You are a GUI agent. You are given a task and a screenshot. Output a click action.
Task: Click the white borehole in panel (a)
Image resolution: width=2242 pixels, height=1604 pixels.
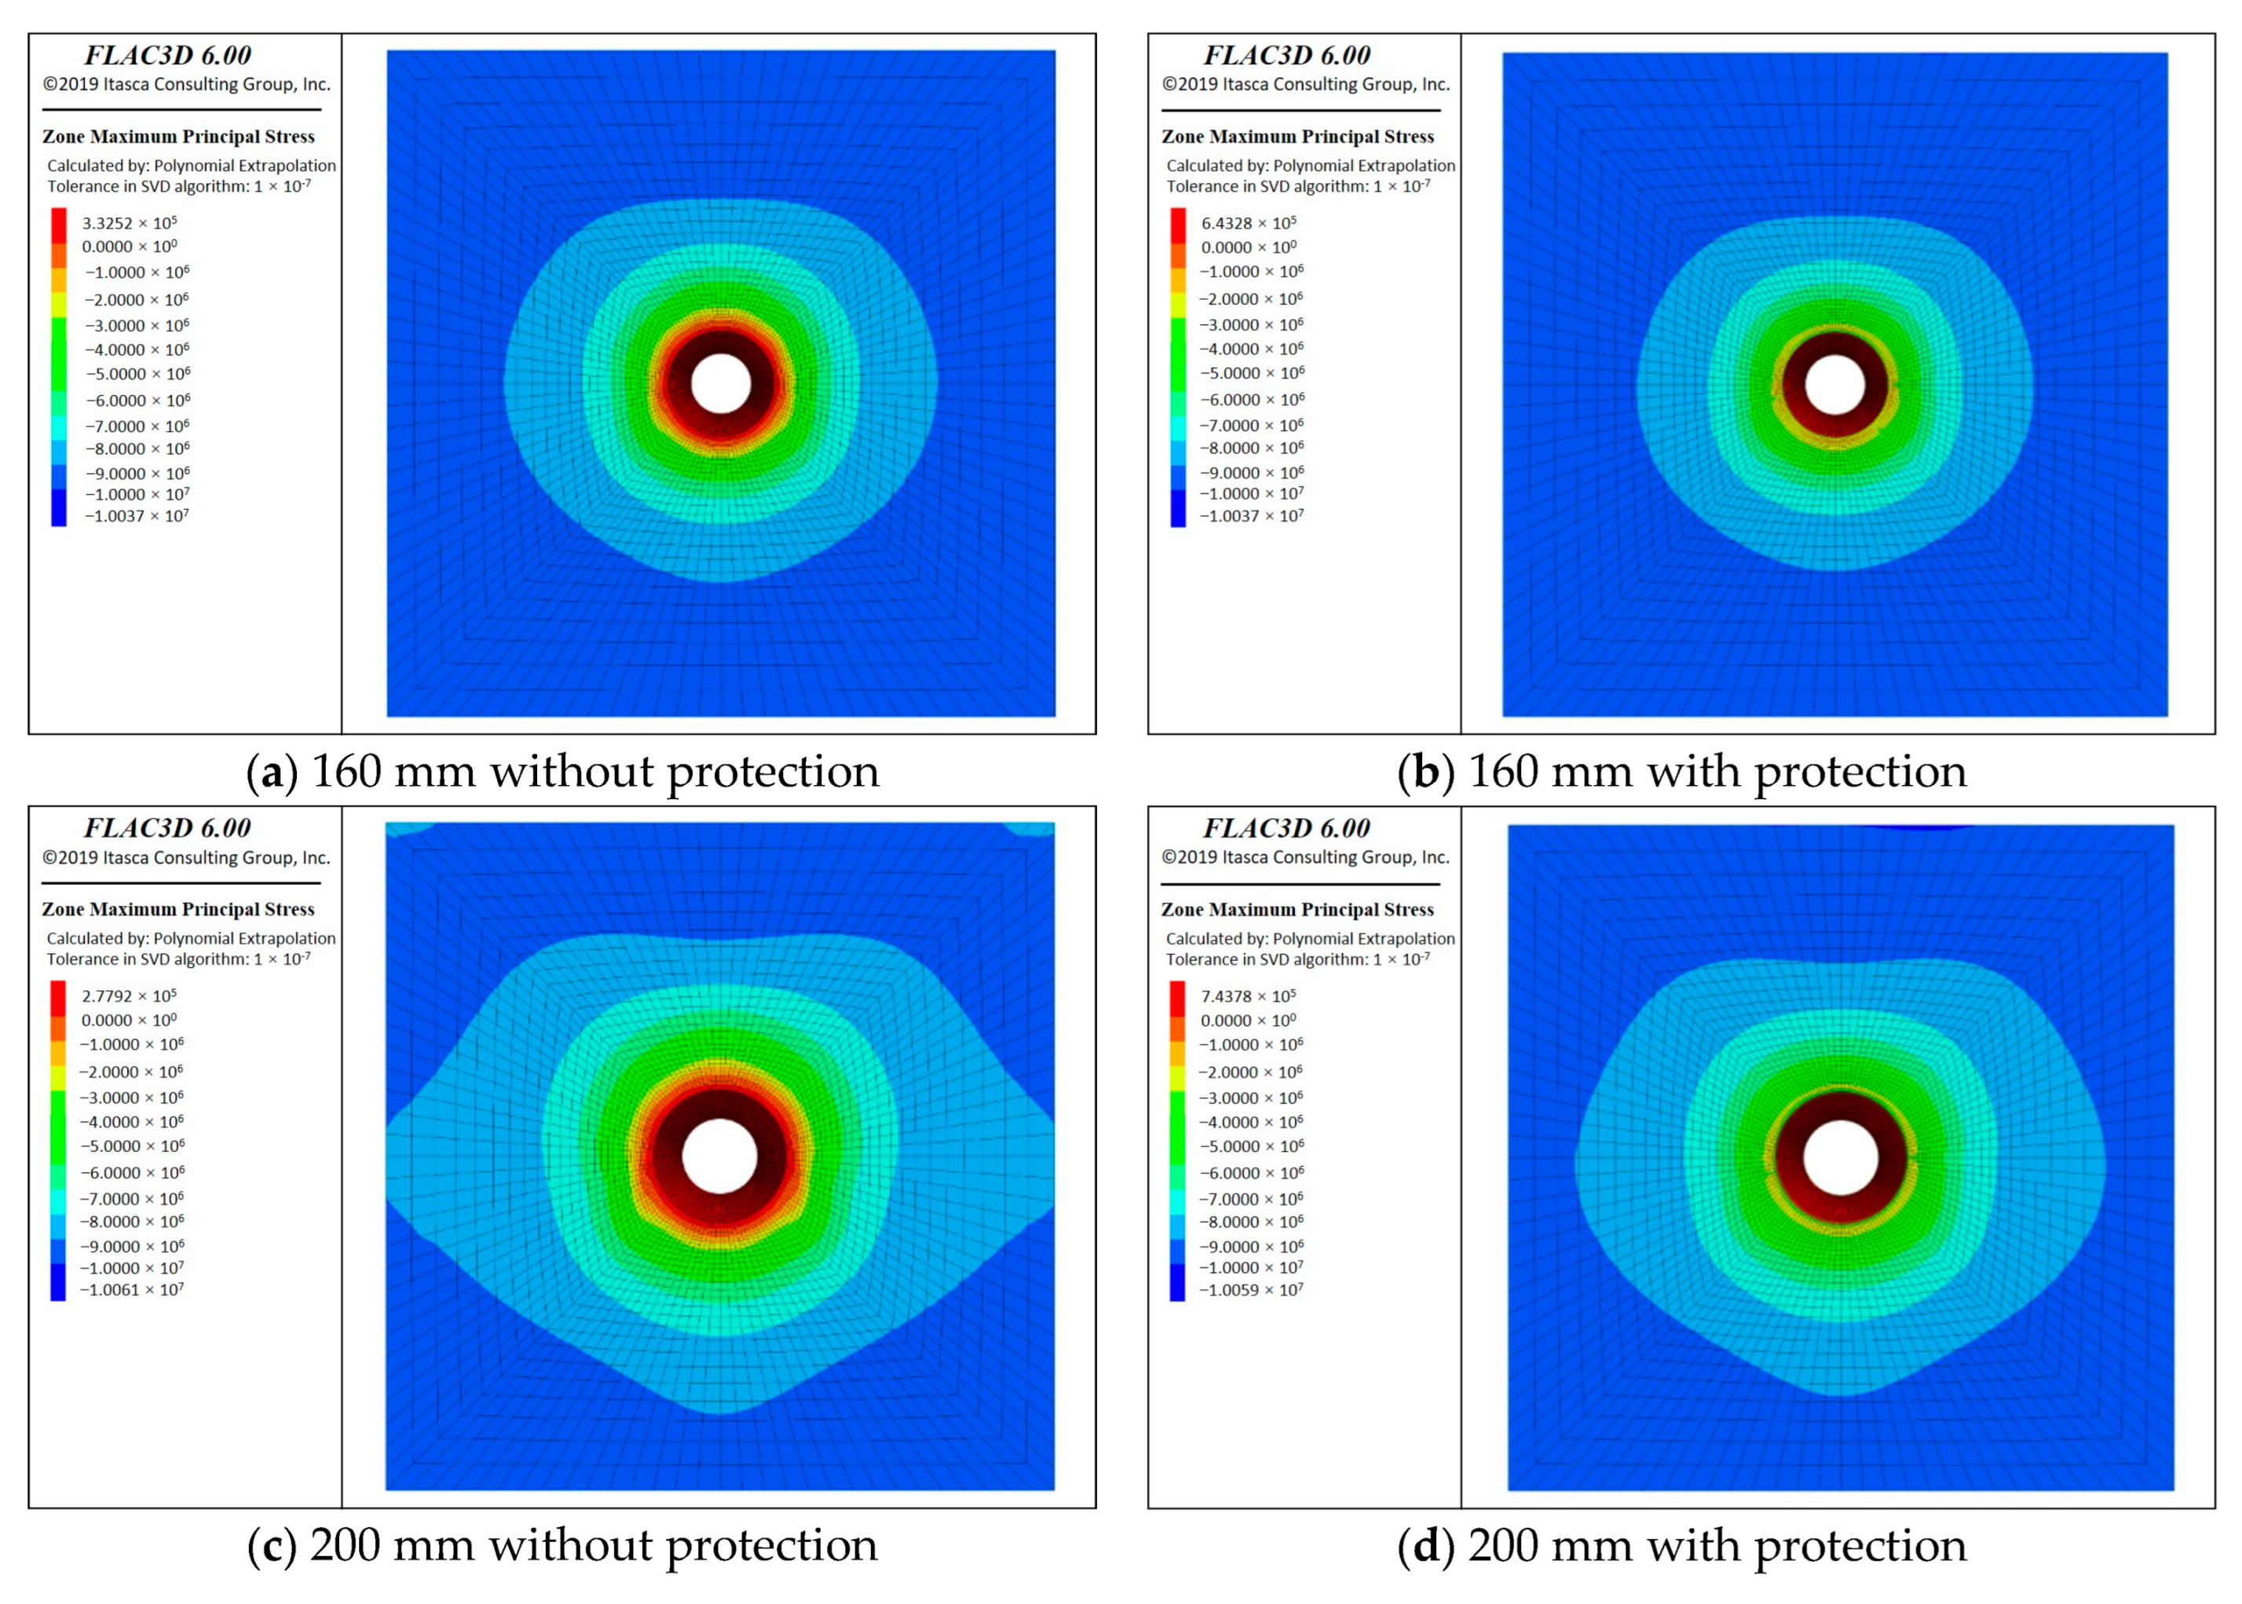[x=720, y=383]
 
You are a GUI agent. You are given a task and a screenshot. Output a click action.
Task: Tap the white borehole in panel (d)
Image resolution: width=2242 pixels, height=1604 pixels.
[x=1839, y=1157]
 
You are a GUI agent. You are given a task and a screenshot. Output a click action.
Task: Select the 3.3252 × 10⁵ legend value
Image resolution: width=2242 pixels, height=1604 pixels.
[x=129, y=223]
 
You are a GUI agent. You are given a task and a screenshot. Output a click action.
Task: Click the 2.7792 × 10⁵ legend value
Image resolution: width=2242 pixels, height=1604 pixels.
[x=129, y=996]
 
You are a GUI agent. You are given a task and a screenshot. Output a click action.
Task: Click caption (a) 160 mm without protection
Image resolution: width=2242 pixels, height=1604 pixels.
[x=562, y=772]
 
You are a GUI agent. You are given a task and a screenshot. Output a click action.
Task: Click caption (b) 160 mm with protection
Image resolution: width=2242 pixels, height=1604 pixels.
[x=1681, y=772]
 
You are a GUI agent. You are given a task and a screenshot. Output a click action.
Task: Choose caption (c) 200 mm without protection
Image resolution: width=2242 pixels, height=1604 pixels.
[x=562, y=1545]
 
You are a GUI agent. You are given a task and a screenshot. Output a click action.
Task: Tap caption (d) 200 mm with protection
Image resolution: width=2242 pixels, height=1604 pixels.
[x=1681, y=1545]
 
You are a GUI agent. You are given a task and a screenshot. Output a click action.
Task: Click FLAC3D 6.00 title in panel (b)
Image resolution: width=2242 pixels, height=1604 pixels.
[x=1286, y=55]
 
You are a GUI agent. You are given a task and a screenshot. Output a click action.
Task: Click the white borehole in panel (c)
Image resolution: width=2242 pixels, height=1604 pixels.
[x=719, y=1156]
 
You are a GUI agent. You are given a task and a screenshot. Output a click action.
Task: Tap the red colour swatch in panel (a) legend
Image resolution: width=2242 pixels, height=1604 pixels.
[x=59, y=225]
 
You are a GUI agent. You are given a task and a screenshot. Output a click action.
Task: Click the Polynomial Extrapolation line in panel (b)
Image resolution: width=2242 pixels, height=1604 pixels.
[x=1310, y=166]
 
